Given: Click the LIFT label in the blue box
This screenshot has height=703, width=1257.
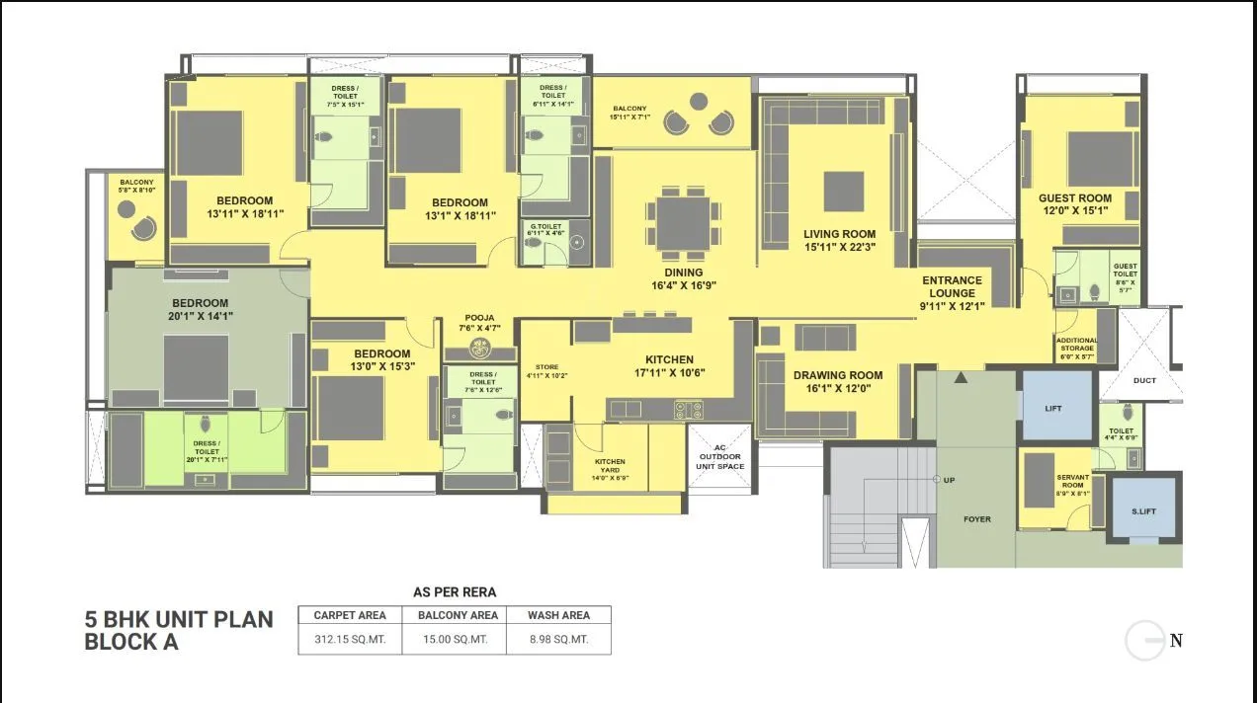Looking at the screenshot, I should [x=1053, y=408].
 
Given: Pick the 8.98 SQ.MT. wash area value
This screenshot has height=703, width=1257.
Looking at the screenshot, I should [x=558, y=639].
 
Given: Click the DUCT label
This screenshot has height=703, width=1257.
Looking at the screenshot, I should [x=1145, y=380].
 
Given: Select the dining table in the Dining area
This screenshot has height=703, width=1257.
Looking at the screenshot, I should [x=683, y=224].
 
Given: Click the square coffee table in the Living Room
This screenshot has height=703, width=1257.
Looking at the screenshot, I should [x=843, y=192].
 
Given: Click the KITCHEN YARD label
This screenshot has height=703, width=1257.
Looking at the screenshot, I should [x=610, y=466].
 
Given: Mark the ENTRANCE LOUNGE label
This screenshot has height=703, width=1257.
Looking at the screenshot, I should [x=952, y=286].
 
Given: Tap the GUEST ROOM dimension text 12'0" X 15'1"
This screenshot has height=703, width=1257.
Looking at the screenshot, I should [x=1074, y=210].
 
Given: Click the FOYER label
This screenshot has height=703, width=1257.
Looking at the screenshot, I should [x=976, y=518].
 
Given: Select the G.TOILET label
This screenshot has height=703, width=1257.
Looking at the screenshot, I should [x=545, y=230].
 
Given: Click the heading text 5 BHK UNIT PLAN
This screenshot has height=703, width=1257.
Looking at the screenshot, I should [x=179, y=619].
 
